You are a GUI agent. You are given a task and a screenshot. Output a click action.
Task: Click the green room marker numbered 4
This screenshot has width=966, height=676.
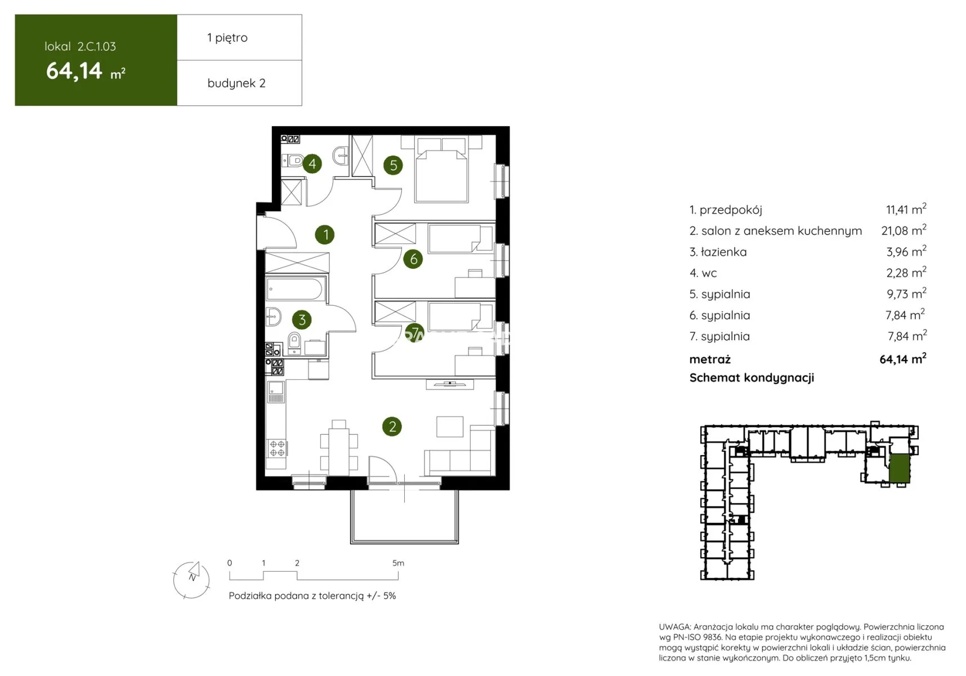point(312,164)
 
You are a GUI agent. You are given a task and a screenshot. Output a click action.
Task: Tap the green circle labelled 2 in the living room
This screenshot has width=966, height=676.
point(392,426)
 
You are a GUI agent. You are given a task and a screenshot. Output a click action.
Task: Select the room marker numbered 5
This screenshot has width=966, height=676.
point(393,165)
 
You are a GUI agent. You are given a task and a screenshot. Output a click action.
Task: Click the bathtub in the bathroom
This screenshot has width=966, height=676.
point(294,290)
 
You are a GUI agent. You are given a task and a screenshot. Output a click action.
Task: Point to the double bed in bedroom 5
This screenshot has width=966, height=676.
point(441,169)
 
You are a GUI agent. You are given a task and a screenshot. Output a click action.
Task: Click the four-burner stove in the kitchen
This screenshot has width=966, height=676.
point(277,448)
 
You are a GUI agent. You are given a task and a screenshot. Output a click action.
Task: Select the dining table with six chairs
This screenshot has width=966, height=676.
point(339,448)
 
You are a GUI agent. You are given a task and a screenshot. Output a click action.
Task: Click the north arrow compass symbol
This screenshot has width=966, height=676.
point(192,580)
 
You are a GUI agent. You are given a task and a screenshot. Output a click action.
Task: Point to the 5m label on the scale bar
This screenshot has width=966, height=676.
point(398,563)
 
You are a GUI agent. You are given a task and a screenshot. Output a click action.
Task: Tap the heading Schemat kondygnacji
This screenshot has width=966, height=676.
point(752,377)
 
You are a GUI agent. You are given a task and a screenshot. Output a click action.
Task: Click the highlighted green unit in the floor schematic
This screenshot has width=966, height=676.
point(899,468)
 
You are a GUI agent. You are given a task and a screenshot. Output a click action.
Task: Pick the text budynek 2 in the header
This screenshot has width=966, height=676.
point(236,83)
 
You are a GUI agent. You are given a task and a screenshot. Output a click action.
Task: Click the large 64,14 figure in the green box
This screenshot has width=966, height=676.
point(74,71)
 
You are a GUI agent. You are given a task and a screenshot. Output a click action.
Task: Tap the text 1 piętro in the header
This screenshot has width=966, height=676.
point(227,38)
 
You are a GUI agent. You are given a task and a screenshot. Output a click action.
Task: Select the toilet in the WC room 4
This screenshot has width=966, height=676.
point(293,161)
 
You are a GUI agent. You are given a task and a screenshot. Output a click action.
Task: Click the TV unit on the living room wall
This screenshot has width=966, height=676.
point(450,384)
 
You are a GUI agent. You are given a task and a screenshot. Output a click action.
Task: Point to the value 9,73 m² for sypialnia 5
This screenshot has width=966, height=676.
point(906,293)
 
